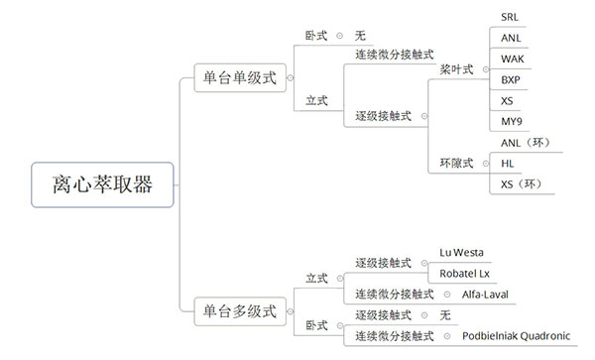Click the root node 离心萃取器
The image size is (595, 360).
pos(102,184)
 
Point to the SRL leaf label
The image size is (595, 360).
pos(509,17)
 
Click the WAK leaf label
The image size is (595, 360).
pos(512,59)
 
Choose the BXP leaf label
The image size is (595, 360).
pos(511,79)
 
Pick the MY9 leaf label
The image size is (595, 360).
pos(512,121)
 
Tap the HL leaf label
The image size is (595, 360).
pos(508,163)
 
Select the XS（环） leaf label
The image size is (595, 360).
pos(522,183)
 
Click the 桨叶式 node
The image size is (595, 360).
pos(456,69)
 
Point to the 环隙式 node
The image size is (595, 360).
pos(456,163)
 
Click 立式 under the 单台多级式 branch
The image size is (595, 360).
pos(317,278)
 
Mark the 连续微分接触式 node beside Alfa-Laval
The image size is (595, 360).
pos(395,295)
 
